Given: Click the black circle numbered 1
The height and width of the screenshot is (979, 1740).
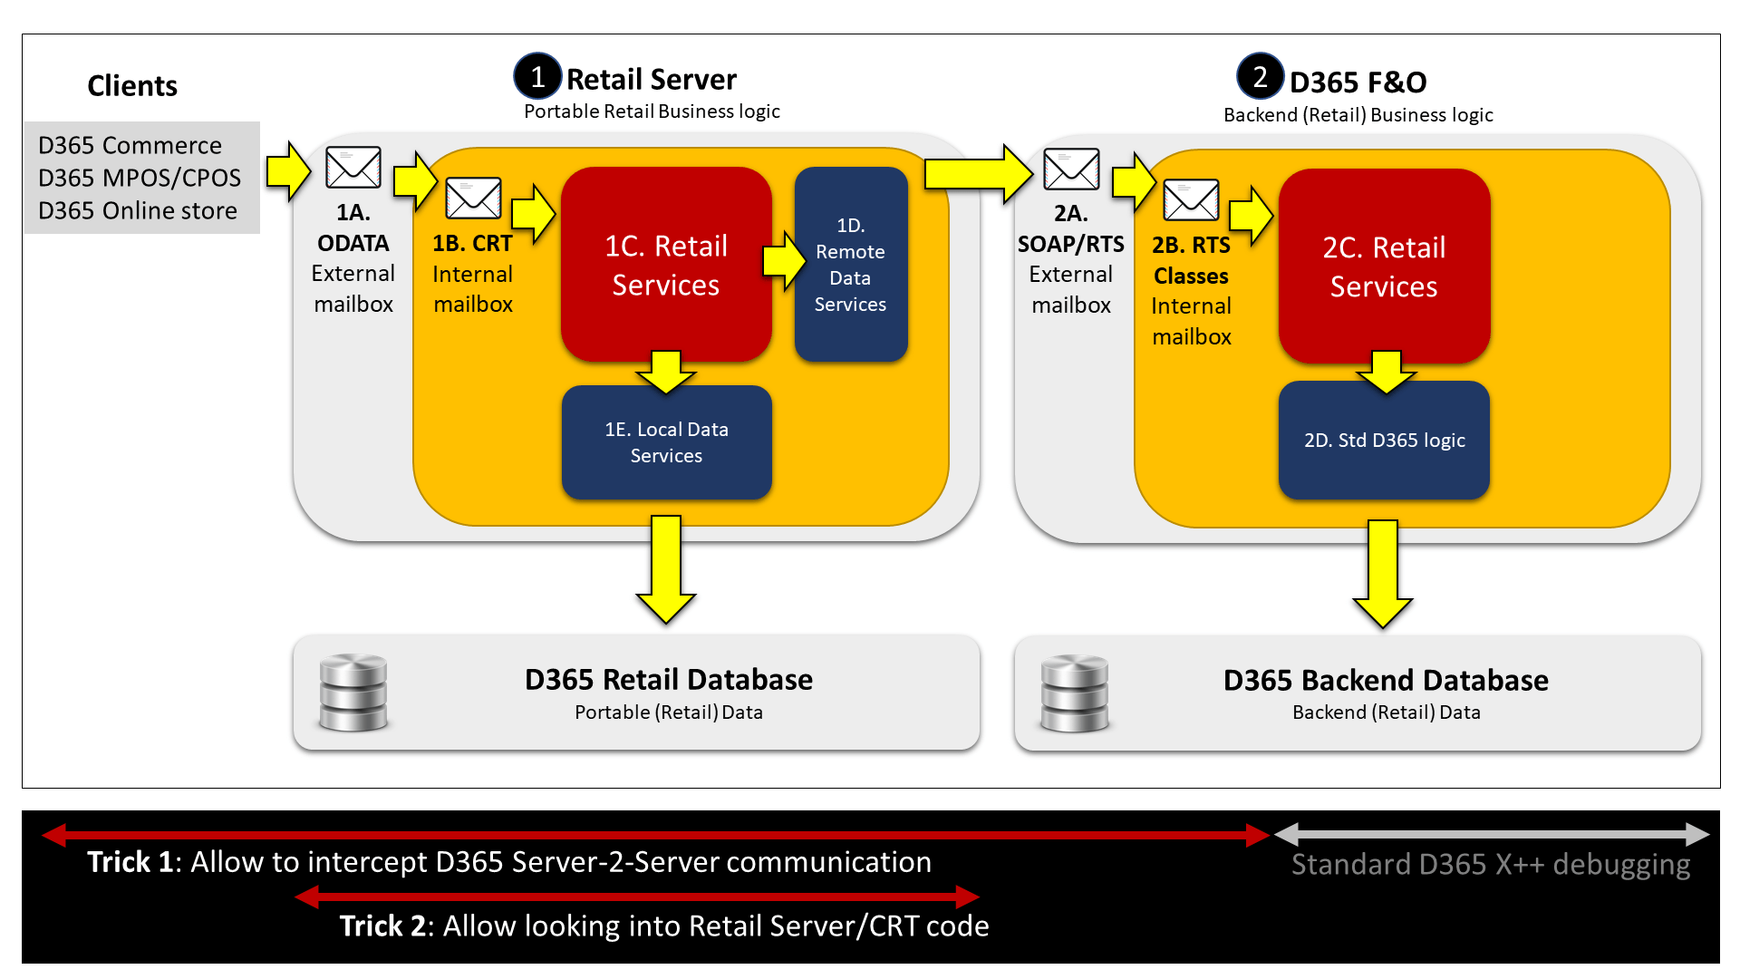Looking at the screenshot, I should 537,77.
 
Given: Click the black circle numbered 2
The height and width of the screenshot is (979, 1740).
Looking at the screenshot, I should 1260,77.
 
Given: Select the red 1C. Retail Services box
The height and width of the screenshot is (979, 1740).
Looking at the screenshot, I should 666,265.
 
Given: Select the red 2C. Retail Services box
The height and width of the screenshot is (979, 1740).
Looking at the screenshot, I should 1384,267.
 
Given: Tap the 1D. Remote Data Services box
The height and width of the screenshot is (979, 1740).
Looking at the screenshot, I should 850,265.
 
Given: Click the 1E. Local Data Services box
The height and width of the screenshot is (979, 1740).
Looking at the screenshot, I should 666,442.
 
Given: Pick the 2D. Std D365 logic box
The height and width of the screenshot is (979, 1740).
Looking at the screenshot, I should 1384,441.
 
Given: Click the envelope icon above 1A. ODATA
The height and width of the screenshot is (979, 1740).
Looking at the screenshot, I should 353,168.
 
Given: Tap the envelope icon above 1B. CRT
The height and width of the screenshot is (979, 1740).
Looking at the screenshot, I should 473,198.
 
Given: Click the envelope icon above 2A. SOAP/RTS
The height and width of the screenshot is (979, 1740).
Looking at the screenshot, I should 1071,169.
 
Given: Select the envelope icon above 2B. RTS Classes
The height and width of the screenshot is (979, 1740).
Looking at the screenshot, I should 1191,199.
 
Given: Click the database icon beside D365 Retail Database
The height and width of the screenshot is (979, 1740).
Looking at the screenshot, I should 353,693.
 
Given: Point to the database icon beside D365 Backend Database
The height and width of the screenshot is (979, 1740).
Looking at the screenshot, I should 1074,693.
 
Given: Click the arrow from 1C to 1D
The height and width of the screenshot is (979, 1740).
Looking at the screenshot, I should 783,261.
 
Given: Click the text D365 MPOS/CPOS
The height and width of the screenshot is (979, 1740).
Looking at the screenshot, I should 140,178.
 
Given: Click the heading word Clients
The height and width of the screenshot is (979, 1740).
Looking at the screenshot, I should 132,86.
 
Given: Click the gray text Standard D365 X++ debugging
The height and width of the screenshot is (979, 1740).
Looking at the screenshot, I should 1491,865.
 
